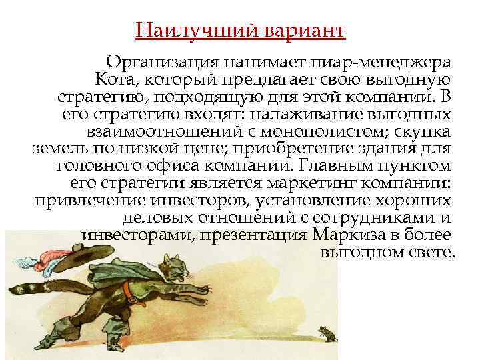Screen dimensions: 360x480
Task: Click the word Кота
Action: click(118, 81)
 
